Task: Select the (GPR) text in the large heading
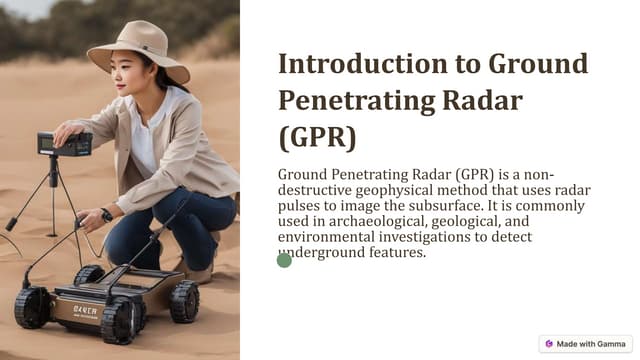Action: click(x=316, y=135)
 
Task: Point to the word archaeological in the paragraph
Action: click(x=385, y=221)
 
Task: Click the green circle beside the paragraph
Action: click(x=284, y=260)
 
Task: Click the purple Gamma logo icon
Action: click(x=549, y=344)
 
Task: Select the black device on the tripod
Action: click(x=64, y=144)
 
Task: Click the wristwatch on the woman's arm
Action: click(x=106, y=215)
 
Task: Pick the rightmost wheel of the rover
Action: click(x=184, y=300)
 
